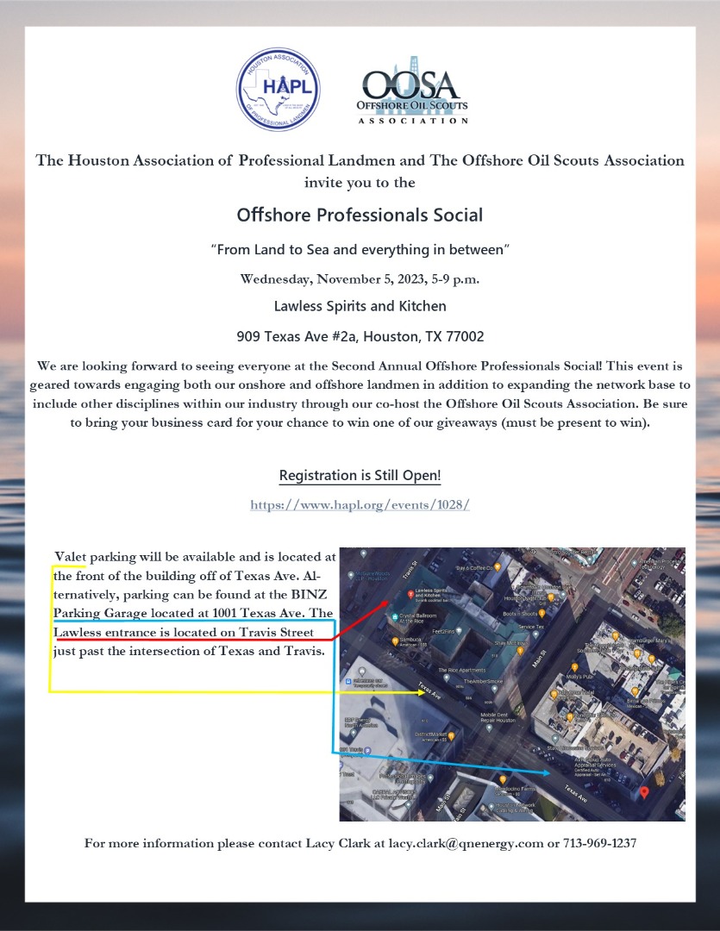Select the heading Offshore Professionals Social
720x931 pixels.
click(x=360, y=215)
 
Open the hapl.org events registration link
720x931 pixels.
click(x=360, y=505)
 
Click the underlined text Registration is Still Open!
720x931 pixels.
click(x=360, y=476)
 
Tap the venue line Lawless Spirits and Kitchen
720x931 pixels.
click(x=360, y=306)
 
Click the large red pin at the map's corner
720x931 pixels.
click(x=645, y=792)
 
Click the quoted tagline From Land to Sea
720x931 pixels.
click(x=360, y=249)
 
